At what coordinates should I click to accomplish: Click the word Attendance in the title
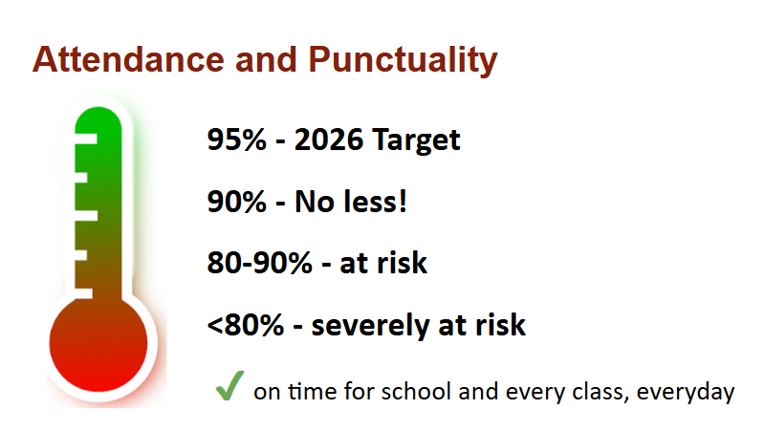pyautogui.click(x=128, y=59)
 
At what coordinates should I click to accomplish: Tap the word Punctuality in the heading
pyautogui.click(x=403, y=61)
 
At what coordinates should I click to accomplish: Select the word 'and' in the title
pyautogui.click(x=266, y=59)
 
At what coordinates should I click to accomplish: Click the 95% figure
pyautogui.click(x=237, y=140)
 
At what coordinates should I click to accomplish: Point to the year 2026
pyautogui.click(x=329, y=140)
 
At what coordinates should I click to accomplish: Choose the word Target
pyautogui.click(x=416, y=141)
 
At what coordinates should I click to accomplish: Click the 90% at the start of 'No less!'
pyautogui.click(x=237, y=202)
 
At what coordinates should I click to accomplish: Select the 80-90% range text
pyautogui.click(x=260, y=263)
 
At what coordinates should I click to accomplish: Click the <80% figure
pyautogui.click(x=245, y=325)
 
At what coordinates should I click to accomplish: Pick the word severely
pyautogui.click(x=370, y=326)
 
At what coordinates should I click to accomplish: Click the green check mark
pyautogui.click(x=229, y=385)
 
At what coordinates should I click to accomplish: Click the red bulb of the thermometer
pyautogui.click(x=98, y=344)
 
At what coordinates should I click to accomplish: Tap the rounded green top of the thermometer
pyautogui.click(x=98, y=119)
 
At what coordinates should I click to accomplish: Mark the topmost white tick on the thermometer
pyautogui.click(x=86, y=140)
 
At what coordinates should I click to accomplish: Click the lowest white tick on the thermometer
pyautogui.click(x=84, y=293)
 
